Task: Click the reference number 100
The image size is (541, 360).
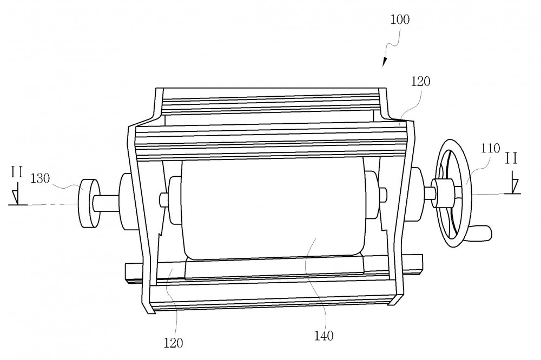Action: [400, 19]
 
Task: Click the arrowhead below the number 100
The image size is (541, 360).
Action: [384, 62]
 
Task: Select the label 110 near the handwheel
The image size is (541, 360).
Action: [490, 149]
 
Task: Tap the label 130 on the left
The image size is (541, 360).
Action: [41, 178]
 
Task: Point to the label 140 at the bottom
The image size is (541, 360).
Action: [324, 336]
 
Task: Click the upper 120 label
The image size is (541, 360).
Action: [420, 82]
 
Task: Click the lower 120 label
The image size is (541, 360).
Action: [173, 343]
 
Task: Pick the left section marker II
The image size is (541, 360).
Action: [17, 172]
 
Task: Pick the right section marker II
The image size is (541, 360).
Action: [511, 159]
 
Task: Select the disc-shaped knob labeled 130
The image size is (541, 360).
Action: [88, 203]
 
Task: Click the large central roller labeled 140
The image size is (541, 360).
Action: [273, 210]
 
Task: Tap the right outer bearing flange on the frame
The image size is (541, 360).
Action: [415, 194]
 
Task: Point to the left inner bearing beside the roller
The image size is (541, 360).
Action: [175, 201]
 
